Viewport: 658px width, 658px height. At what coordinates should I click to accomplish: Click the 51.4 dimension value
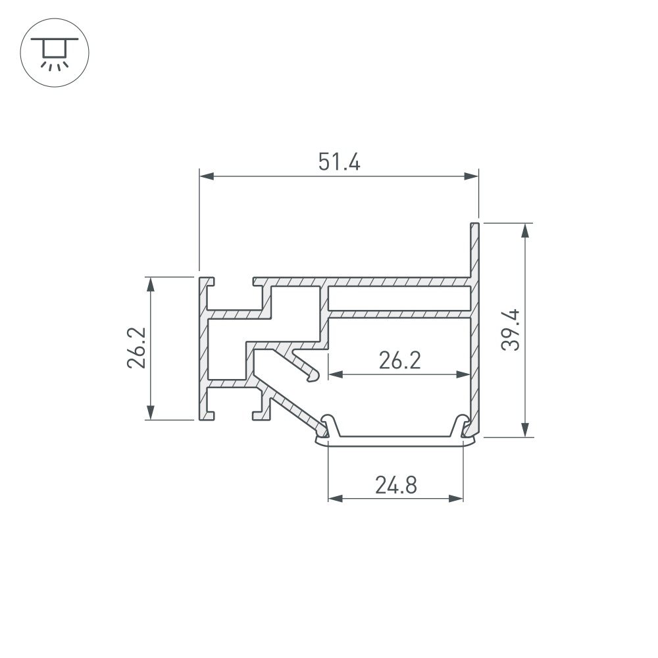click(339, 162)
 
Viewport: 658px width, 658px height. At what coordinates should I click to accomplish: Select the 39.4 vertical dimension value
click(511, 330)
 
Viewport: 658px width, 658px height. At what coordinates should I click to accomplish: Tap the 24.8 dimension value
click(396, 485)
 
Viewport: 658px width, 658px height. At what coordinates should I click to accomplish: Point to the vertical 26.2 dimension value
click(136, 348)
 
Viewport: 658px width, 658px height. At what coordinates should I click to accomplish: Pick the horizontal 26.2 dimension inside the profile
click(399, 361)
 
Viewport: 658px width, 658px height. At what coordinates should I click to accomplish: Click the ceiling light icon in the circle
click(55, 53)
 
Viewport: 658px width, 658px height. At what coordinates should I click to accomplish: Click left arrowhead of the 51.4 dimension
click(207, 176)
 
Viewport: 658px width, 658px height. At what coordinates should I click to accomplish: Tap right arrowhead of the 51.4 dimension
click(471, 176)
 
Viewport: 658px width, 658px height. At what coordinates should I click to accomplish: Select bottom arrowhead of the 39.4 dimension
click(524, 430)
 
